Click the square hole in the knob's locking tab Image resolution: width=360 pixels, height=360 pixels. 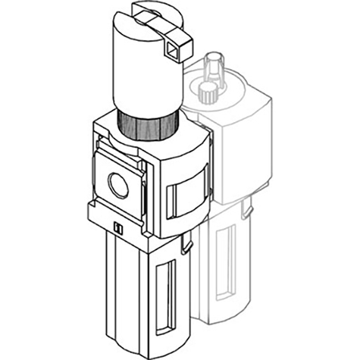point(175,52)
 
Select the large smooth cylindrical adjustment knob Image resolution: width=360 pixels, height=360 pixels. point(144,72)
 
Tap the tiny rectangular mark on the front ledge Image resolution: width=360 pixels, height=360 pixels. point(117,228)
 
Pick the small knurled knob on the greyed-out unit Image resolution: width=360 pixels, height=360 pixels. point(204,93)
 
